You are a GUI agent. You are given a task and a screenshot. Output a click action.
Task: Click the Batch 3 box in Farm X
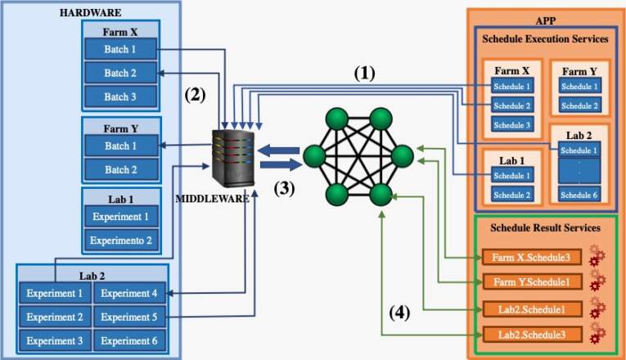119,97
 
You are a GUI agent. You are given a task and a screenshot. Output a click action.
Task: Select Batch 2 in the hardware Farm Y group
119,170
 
